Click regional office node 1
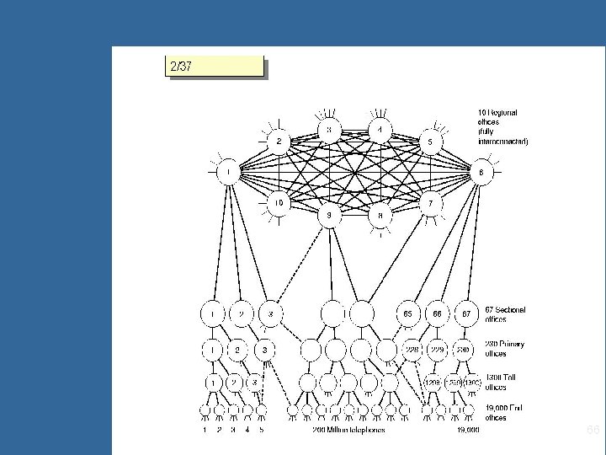pyautogui.click(x=227, y=174)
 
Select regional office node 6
pyautogui.click(x=481, y=173)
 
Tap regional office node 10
pyautogui.click(x=279, y=203)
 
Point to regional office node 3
pyautogui.click(x=330, y=131)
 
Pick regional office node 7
pyautogui.click(x=431, y=204)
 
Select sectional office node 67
pyautogui.click(x=465, y=313)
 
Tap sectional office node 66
pyautogui.click(x=438, y=313)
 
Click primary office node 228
pyautogui.click(x=411, y=348)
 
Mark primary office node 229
pyautogui.click(x=438, y=348)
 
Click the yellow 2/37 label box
pyautogui.click(x=215, y=66)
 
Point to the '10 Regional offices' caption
pyautogui.click(x=502, y=126)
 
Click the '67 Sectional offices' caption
pyautogui.click(x=505, y=314)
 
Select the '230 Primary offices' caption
pyautogui.click(x=505, y=348)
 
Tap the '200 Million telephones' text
pyautogui.click(x=348, y=431)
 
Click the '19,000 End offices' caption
pyautogui.click(x=505, y=412)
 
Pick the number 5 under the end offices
pyautogui.click(x=262, y=431)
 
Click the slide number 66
pyautogui.click(x=593, y=431)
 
